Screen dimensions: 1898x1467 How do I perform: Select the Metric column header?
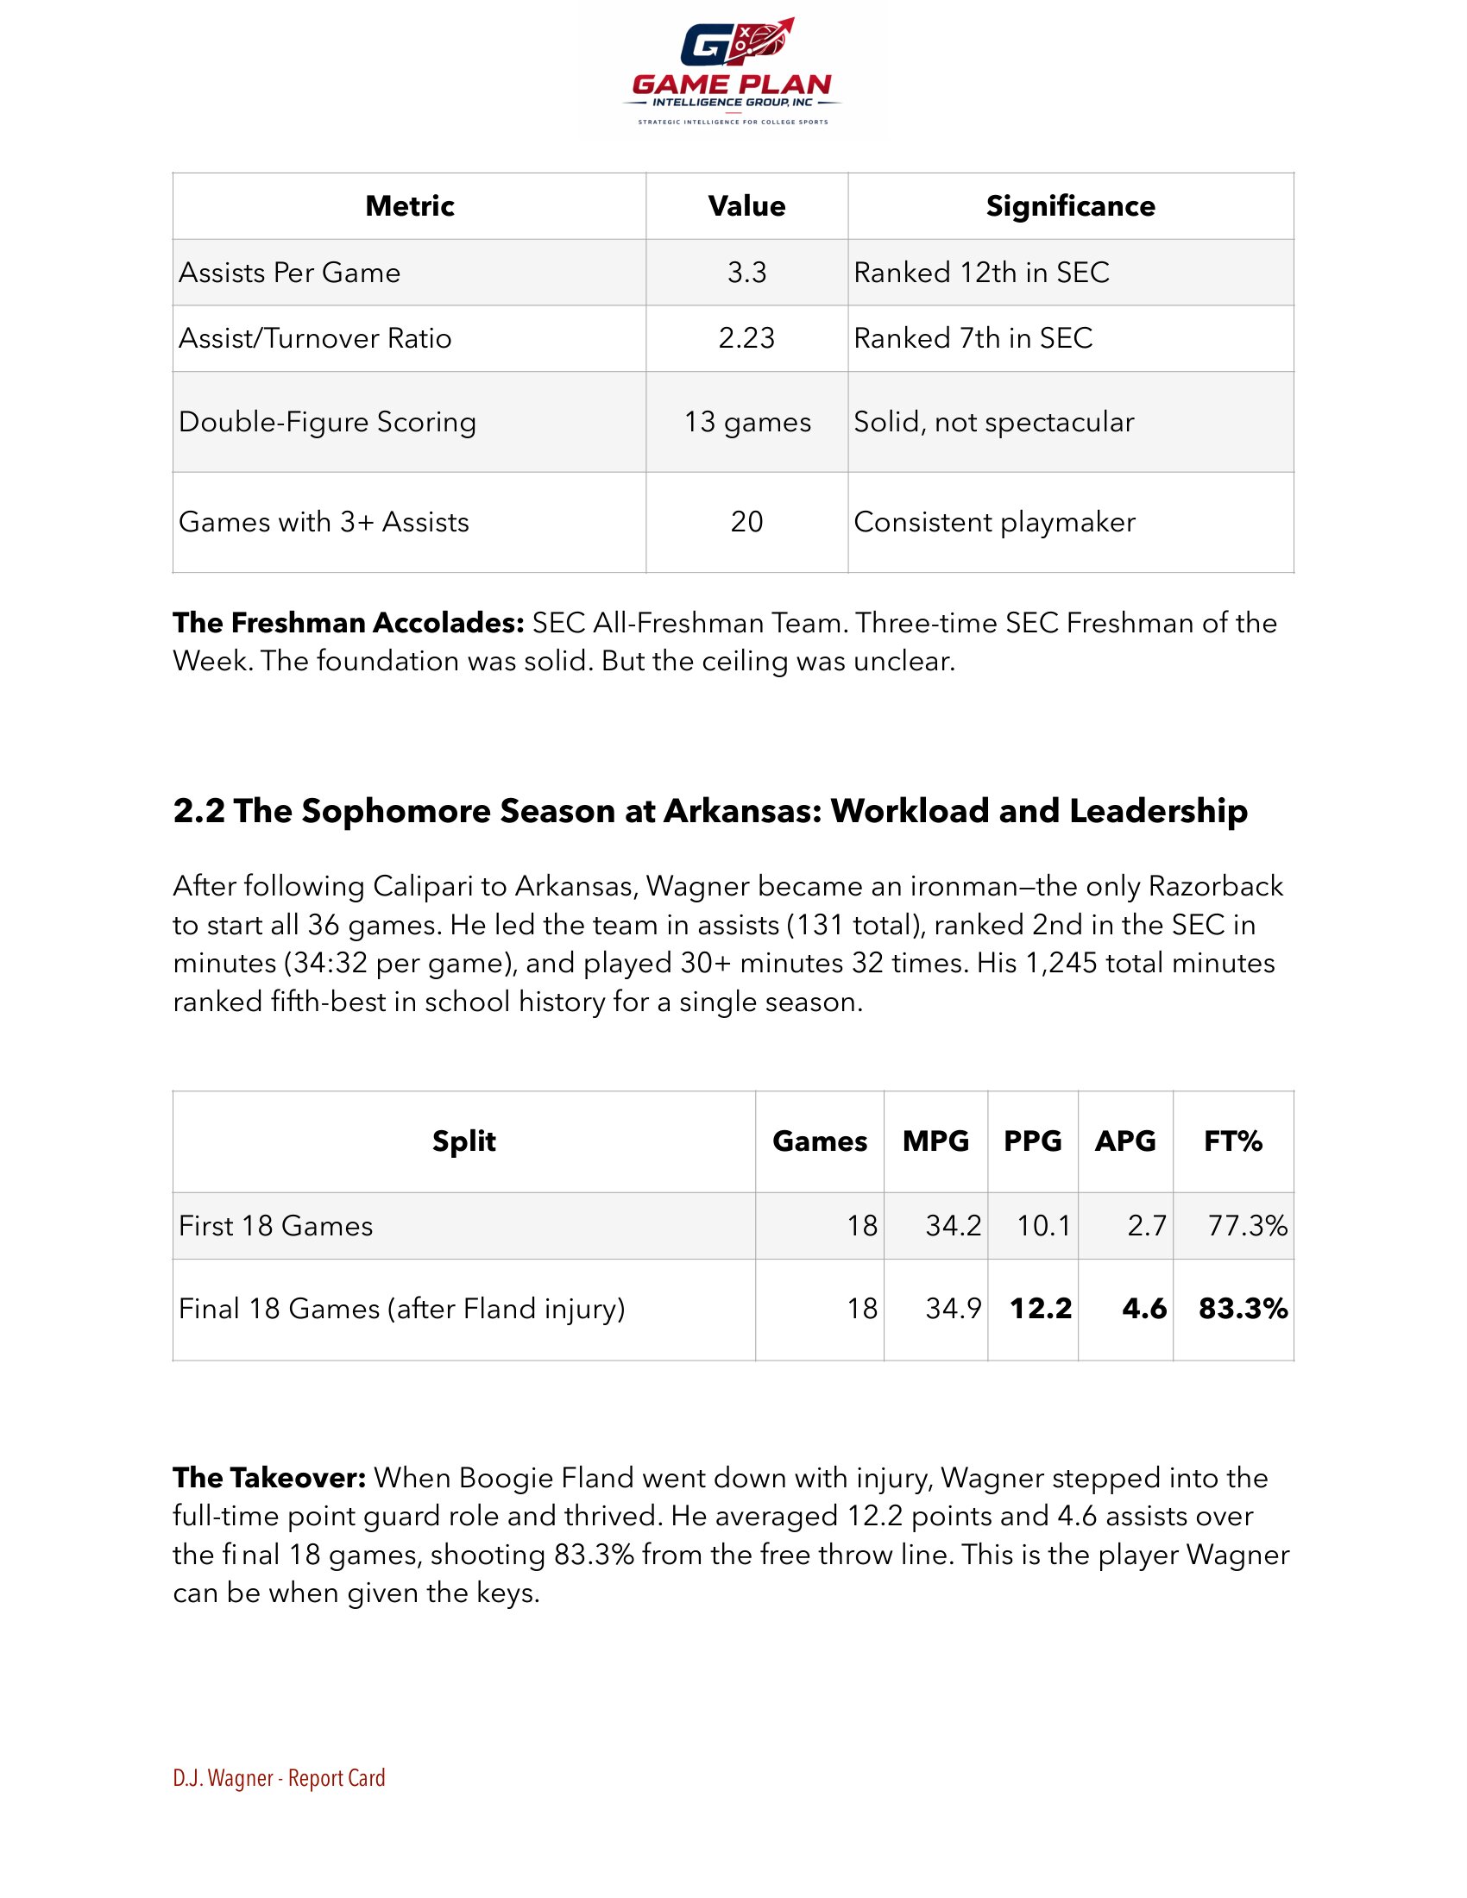pyautogui.click(x=409, y=206)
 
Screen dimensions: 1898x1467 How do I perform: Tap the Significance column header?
pyautogui.click(x=1070, y=206)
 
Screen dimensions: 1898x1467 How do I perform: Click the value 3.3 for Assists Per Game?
pyautogui.click(x=746, y=273)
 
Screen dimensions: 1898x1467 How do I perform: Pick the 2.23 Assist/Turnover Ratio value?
pyautogui.click(x=746, y=338)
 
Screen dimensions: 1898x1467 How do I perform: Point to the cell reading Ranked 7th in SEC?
pyautogui.click(x=973, y=338)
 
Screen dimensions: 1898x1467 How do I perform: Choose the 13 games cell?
pyautogui.click(x=746, y=423)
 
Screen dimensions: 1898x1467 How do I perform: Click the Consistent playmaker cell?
pyautogui.click(x=994, y=522)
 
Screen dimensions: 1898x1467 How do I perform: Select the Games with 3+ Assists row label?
pyautogui.click(x=324, y=522)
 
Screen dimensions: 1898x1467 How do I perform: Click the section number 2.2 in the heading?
pyautogui.click(x=199, y=811)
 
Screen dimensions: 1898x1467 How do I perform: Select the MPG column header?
pyautogui.click(x=935, y=1141)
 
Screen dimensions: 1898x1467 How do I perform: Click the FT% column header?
pyautogui.click(x=1232, y=1141)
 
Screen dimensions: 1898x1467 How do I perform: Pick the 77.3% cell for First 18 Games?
pyautogui.click(x=1247, y=1226)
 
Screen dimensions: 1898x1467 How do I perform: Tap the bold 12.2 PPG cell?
pyautogui.click(x=1041, y=1309)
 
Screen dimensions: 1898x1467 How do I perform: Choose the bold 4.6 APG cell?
pyautogui.click(x=1143, y=1309)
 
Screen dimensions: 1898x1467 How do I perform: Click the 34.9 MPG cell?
pyautogui.click(x=953, y=1309)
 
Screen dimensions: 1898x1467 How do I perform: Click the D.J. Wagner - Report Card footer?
pyautogui.click(x=279, y=1778)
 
